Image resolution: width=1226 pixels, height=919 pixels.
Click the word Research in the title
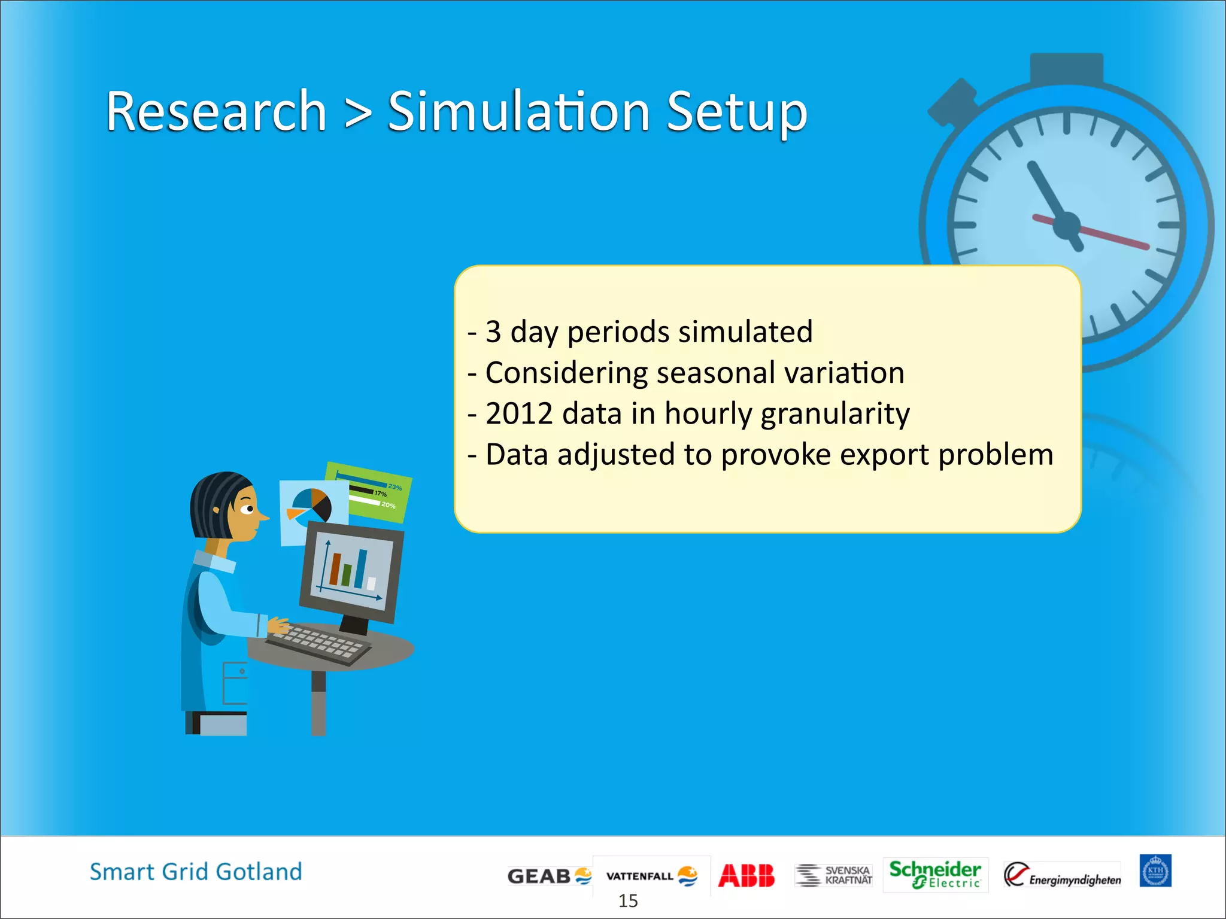coord(216,111)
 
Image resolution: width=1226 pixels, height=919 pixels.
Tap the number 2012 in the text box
coord(518,413)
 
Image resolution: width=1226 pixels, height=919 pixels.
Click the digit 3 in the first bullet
coord(493,331)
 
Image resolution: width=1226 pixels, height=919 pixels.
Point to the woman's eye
coord(247,509)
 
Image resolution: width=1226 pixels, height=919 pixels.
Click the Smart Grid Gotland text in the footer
coord(196,872)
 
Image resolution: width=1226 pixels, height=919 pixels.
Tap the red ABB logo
coord(746,875)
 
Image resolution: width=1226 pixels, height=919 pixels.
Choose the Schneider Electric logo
coord(934,874)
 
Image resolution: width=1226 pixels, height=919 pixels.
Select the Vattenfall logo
coord(651,876)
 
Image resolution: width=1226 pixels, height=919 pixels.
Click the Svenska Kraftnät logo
coord(833,875)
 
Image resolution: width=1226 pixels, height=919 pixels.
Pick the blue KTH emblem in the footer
coord(1155,871)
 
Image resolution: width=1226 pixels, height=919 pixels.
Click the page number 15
coord(628,900)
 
